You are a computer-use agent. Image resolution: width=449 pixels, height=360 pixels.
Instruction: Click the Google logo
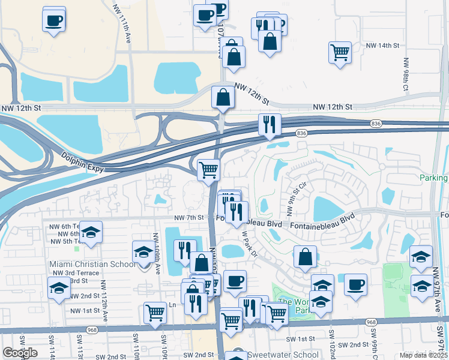(x=20, y=353)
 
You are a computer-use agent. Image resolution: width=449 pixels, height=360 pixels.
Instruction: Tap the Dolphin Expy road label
(x=83, y=163)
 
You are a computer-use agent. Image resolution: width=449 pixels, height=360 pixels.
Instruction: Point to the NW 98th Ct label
(x=406, y=74)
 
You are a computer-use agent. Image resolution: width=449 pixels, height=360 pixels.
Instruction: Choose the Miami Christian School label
(x=92, y=265)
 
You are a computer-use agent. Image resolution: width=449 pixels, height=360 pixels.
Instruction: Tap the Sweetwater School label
(x=282, y=355)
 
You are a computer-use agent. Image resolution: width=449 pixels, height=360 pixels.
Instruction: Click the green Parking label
(x=433, y=178)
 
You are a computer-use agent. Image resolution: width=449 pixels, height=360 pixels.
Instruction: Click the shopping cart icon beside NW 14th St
(x=340, y=52)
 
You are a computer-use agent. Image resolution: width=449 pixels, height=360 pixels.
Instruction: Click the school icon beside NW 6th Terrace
(x=91, y=233)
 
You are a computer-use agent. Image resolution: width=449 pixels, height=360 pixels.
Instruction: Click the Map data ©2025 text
(x=424, y=355)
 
